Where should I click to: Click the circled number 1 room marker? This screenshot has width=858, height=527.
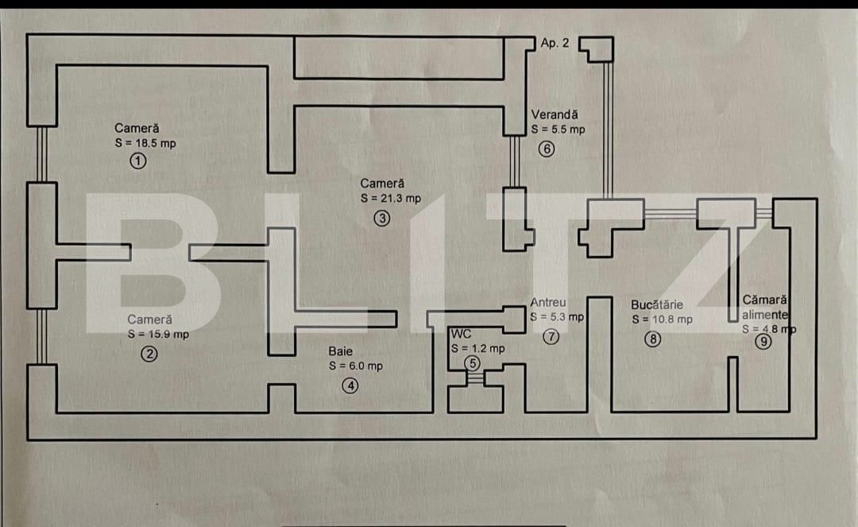[138, 161]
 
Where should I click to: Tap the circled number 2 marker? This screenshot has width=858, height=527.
[149, 355]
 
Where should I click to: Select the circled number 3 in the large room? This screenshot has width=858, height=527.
[382, 219]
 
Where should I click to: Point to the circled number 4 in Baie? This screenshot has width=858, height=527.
[350, 386]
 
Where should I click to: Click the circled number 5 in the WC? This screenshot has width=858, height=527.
[473, 363]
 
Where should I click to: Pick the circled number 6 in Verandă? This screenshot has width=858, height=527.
[546, 149]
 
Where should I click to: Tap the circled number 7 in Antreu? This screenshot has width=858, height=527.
[551, 336]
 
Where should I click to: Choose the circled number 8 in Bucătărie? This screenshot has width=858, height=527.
[652, 339]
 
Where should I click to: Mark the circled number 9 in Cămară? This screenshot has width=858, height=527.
[763, 342]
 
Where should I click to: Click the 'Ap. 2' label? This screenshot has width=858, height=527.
[555, 44]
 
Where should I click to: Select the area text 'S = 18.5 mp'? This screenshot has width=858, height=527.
[145, 143]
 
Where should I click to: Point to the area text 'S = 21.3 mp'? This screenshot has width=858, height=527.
[390, 199]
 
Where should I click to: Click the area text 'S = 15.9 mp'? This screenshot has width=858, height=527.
[158, 335]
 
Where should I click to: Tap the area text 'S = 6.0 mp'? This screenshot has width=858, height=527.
[355, 366]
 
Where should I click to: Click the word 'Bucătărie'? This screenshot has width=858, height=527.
[657, 304]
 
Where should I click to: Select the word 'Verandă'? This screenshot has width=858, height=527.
[555, 114]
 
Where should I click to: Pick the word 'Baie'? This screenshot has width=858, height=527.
[340, 351]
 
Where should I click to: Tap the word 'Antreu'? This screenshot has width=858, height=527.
[548, 302]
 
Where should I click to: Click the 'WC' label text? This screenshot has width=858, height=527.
[461, 334]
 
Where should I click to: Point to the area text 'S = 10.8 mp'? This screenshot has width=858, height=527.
[662, 320]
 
